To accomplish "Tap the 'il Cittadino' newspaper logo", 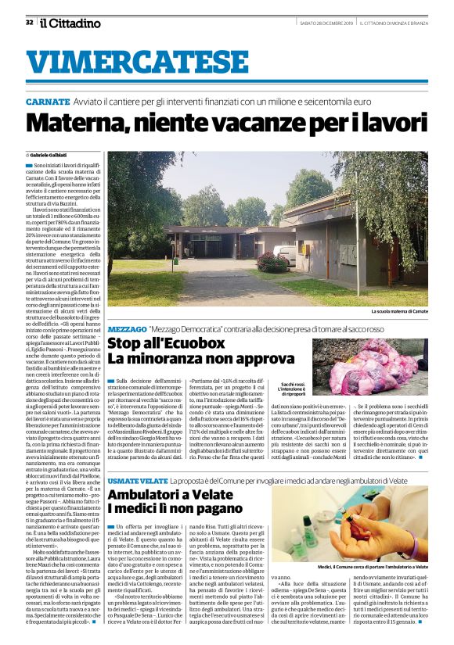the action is tap(70, 23).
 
